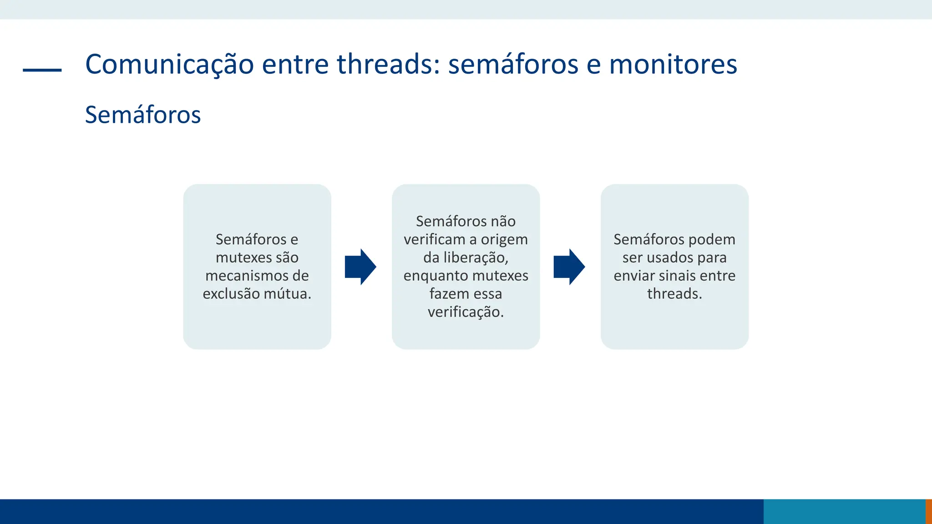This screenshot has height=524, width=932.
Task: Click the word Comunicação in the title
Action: click(x=169, y=64)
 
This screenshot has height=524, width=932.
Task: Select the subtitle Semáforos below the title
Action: click(x=142, y=115)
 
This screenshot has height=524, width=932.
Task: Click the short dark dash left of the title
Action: click(x=42, y=70)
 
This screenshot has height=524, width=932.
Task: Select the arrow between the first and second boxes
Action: click(x=360, y=267)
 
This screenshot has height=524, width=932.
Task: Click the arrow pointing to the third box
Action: click(x=569, y=267)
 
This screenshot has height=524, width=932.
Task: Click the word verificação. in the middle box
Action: click(x=466, y=312)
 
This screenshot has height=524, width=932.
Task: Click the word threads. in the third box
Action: click(x=674, y=294)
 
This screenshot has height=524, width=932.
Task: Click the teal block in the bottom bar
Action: click(x=844, y=511)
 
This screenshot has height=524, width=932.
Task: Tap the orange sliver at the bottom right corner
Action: click(x=929, y=511)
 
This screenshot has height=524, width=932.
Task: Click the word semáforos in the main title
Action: click(x=513, y=64)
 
